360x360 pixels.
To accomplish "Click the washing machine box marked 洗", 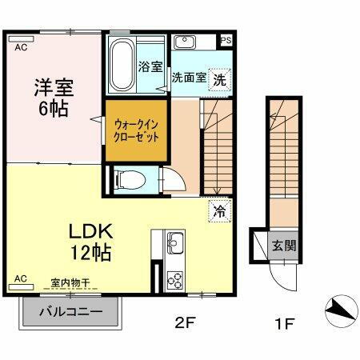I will (x=219, y=79).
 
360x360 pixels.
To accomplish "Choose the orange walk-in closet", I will (x=137, y=129).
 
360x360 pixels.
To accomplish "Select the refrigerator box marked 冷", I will (x=218, y=212).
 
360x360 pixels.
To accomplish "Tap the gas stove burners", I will (x=174, y=279).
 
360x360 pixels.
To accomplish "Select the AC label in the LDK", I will (x=21, y=278).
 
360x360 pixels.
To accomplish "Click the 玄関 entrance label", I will (x=282, y=245).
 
